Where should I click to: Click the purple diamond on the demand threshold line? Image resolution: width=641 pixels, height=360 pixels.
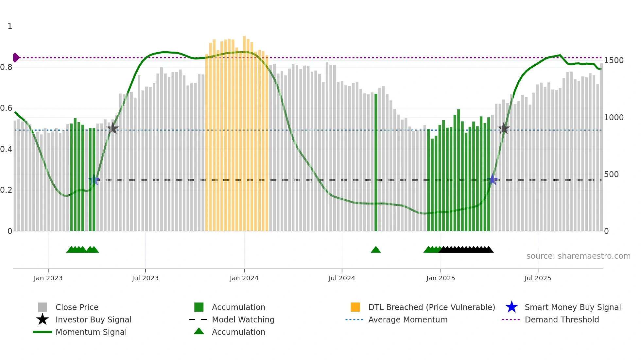coord(16,57)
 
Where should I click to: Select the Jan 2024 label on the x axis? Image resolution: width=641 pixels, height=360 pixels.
coord(244,278)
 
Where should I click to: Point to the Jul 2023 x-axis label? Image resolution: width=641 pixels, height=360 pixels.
coord(145,278)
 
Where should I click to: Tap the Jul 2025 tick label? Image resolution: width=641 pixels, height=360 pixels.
coord(538,278)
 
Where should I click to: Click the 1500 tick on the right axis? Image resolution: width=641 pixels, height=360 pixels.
coord(614,60)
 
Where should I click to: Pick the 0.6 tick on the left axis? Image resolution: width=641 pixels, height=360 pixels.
coord(6,108)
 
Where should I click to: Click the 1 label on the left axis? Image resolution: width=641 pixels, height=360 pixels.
coord(10,26)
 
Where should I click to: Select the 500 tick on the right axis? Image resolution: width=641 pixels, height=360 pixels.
coord(611,174)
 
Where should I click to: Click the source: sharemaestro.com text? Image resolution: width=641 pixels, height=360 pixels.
coord(578,256)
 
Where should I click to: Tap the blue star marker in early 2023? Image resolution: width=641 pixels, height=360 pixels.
coord(94,180)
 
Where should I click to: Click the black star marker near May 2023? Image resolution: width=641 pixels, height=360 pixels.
coord(113,128)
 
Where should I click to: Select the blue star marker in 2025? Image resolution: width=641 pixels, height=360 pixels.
coord(493,179)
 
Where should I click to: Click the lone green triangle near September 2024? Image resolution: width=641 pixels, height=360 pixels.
coord(376,250)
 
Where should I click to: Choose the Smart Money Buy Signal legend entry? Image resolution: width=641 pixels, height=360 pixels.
coord(572,307)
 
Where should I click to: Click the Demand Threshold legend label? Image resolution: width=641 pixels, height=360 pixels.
coord(562,319)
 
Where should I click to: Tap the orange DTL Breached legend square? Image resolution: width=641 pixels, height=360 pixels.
coord(355,307)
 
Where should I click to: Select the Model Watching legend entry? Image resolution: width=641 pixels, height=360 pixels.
coord(243,319)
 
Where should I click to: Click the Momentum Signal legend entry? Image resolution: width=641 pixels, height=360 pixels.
coord(91,332)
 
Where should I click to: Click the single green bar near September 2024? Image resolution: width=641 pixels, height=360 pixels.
coord(376,163)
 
